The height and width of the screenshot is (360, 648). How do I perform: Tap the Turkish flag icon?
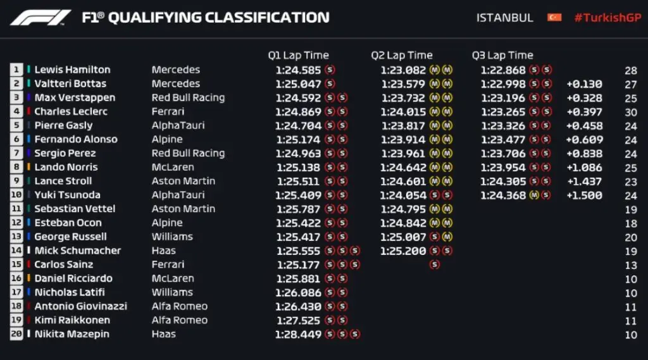click(554, 18)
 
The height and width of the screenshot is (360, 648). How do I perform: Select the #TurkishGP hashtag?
click(607, 18)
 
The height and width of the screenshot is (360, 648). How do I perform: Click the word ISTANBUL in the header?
click(504, 18)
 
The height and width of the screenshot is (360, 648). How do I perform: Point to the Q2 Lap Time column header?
click(401, 56)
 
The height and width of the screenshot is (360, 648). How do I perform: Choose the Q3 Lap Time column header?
click(502, 56)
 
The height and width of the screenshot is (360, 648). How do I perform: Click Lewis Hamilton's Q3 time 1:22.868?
click(503, 70)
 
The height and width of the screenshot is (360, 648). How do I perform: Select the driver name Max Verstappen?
click(75, 97)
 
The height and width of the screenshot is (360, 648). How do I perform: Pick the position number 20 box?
click(16, 334)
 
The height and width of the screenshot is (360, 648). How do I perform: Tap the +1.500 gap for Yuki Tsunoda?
click(583, 195)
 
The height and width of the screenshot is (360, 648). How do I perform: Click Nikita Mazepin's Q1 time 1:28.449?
click(298, 334)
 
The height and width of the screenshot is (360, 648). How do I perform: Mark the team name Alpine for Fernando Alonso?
click(167, 139)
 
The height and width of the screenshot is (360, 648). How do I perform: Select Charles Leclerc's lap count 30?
click(630, 111)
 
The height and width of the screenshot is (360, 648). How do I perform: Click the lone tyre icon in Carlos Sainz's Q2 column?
click(434, 264)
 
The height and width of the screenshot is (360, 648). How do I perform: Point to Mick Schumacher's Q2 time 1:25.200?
click(403, 251)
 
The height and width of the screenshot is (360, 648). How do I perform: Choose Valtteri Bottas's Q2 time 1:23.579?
click(403, 84)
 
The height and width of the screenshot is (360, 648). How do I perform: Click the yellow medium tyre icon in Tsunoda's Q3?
click(534, 195)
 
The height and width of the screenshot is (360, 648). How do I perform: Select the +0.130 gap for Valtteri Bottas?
click(583, 84)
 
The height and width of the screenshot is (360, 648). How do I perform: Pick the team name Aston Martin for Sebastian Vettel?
click(183, 209)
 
